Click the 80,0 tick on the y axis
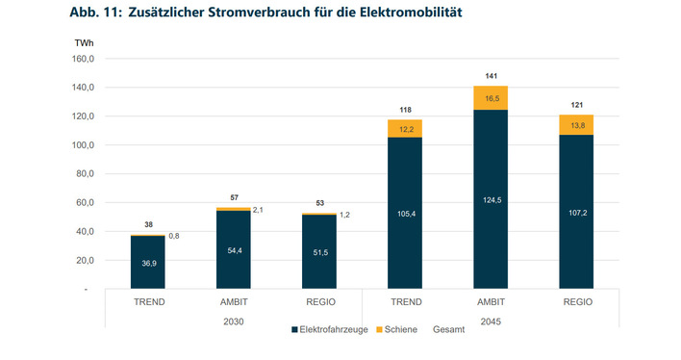[82, 174]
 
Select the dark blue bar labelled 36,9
[147, 262]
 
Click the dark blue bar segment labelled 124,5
[491, 199]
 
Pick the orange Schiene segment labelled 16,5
[491, 98]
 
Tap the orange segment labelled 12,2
[404, 129]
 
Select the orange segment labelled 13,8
[575, 125]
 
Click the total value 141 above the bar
[491, 75]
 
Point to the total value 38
[147, 223]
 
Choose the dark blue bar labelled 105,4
[404, 213]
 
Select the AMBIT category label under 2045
[491, 301]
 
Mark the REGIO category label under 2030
[318, 301]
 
